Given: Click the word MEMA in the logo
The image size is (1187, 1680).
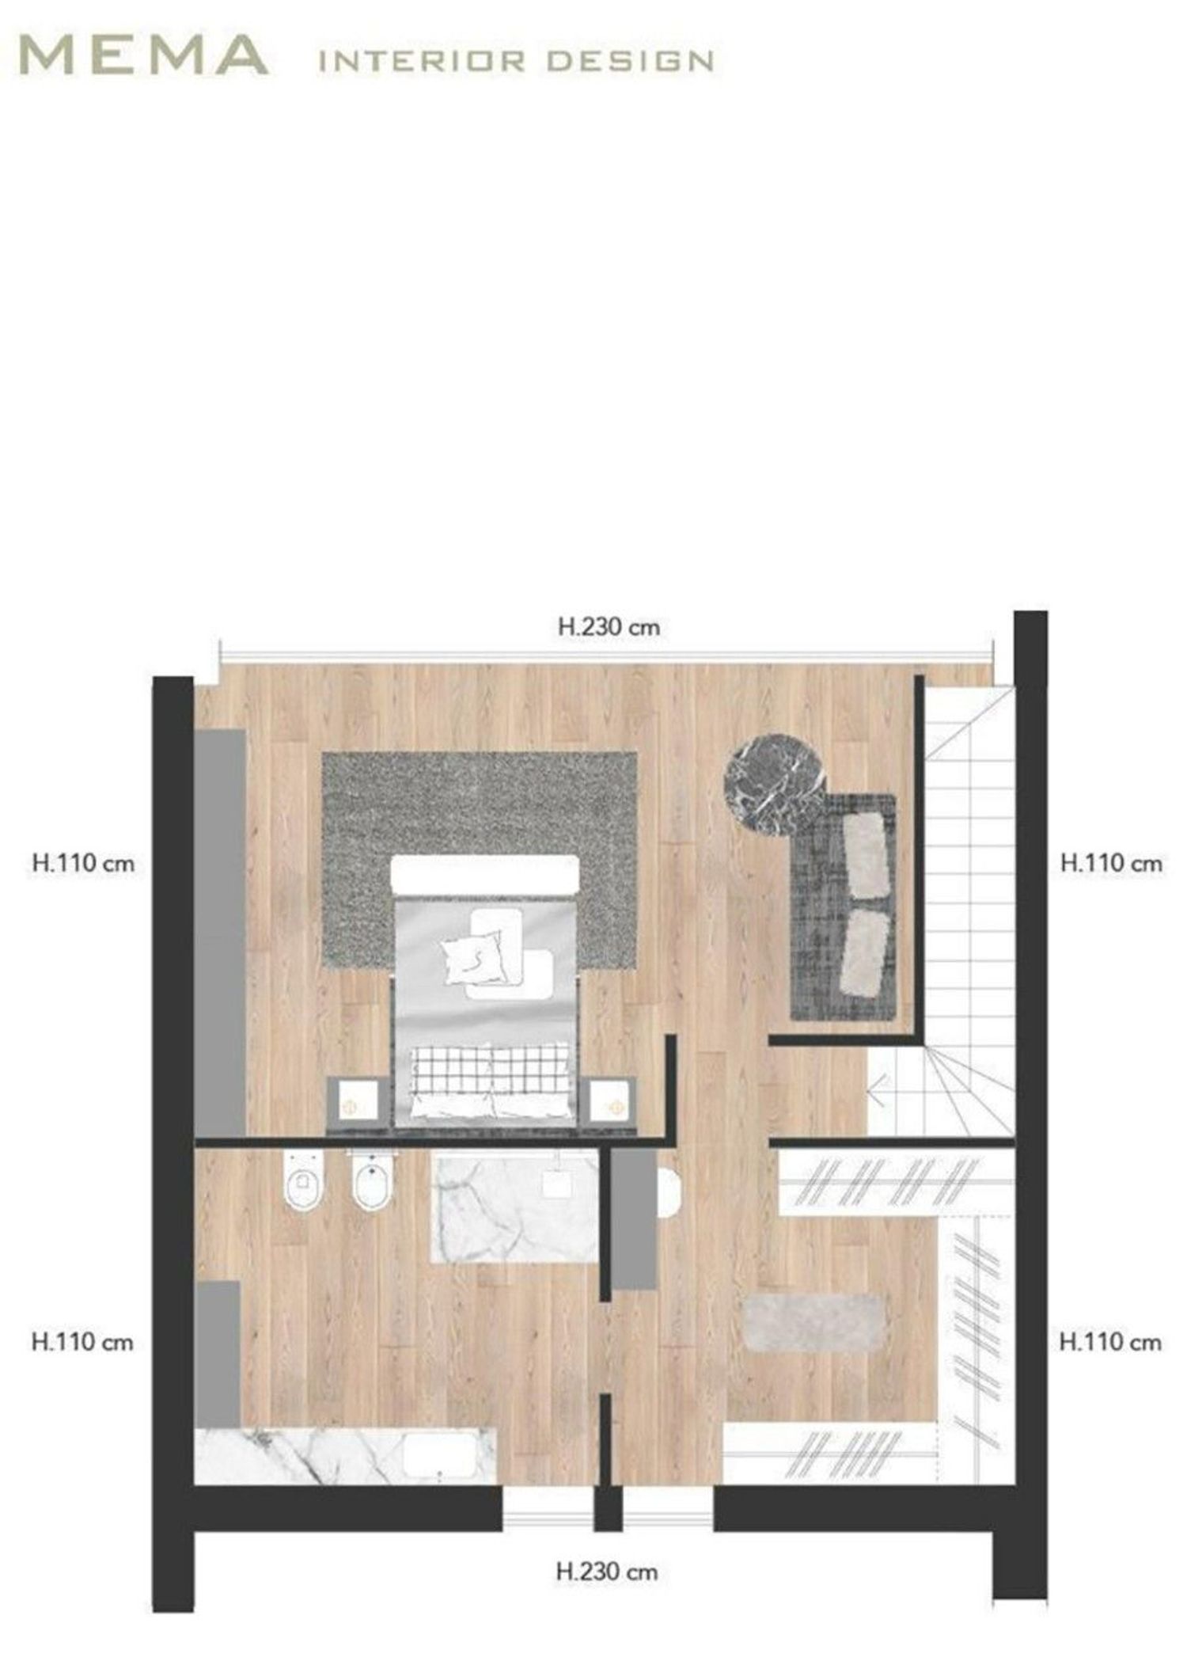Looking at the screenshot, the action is coord(142,55).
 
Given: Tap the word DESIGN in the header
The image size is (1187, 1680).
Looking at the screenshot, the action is coord(630,61).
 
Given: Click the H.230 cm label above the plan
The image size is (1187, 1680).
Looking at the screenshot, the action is coord(609,627).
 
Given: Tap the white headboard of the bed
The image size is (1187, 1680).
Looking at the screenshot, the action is coord(484,875).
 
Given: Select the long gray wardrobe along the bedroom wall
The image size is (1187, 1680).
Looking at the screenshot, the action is coord(220,933).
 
